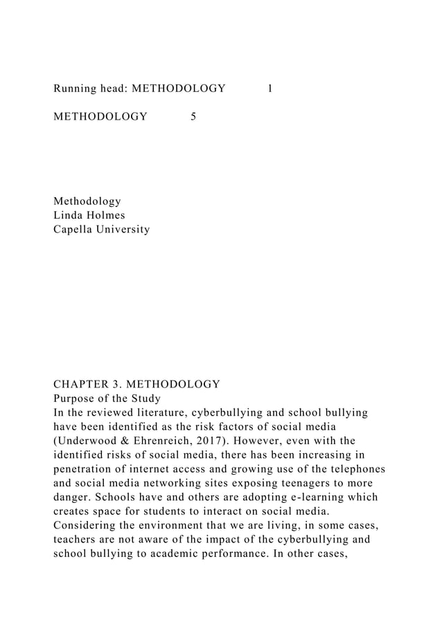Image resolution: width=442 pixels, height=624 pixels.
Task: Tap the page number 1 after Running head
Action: click(269, 88)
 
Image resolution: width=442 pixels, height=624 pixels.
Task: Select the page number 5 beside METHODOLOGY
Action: click(193, 116)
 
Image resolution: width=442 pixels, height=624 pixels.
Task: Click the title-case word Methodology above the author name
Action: click(87, 201)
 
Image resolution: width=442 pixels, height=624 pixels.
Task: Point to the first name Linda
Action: click(69, 214)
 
